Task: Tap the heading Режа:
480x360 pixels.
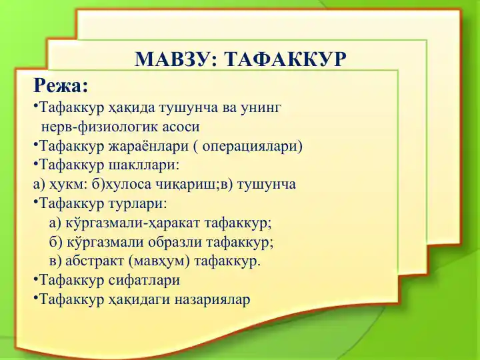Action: tap(61, 87)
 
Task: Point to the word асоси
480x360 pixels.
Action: tap(179, 127)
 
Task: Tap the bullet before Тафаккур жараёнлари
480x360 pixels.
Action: tap(35, 145)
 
